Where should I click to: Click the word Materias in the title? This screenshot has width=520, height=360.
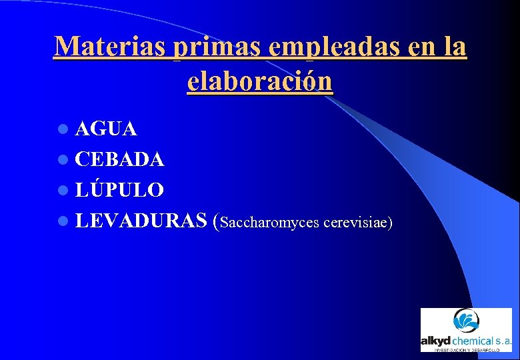[x=110, y=47]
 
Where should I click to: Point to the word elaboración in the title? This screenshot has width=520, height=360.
[x=259, y=81]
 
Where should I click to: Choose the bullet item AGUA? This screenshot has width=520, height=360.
[x=106, y=129]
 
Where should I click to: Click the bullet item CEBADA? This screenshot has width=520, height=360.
[x=119, y=159]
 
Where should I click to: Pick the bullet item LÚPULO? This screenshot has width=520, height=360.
[x=119, y=190]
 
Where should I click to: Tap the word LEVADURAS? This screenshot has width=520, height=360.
[x=140, y=221]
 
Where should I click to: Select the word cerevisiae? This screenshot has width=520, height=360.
[x=354, y=222]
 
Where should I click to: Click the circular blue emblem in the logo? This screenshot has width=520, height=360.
[x=466, y=321]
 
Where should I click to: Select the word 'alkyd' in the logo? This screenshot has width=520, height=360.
[x=436, y=340]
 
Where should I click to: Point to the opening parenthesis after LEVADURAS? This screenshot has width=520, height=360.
[x=215, y=221]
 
